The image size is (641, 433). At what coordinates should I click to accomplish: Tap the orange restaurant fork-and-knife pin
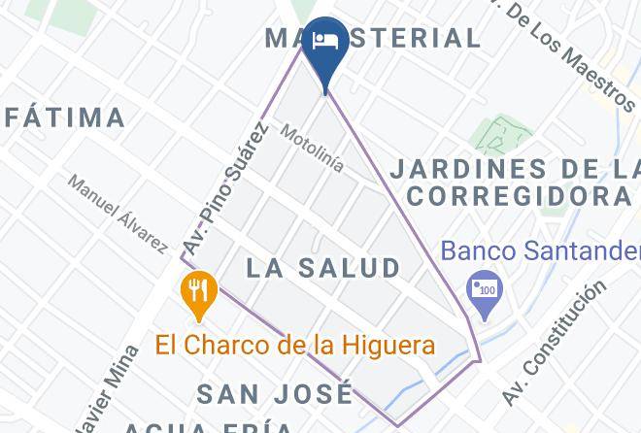(199, 292)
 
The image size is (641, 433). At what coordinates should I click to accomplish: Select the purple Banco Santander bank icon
(482, 291)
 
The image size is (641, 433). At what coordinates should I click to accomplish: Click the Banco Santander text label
(540, 250)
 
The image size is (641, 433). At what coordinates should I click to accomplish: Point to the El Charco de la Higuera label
(295, 345)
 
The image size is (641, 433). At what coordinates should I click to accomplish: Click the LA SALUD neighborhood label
(323, 268)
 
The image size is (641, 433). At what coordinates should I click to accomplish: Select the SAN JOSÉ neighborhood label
(275, 394)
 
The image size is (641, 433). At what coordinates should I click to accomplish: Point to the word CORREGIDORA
(518, 195)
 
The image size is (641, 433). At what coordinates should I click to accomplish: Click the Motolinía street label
(312, 147)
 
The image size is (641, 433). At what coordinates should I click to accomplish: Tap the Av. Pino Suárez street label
(225, 189)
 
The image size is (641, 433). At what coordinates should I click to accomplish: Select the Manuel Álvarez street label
(118, 214)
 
